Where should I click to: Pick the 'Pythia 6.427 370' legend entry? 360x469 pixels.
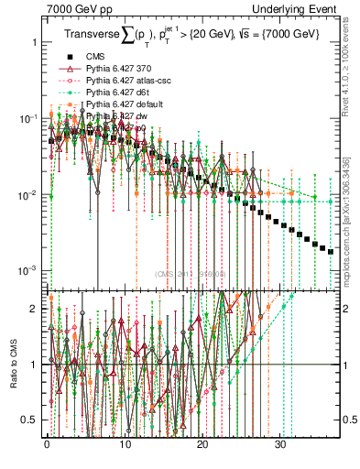pyautogui.click(x=120, y=69)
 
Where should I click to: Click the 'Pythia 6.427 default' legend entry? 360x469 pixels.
pyautogui.click(x=127, y=104)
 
